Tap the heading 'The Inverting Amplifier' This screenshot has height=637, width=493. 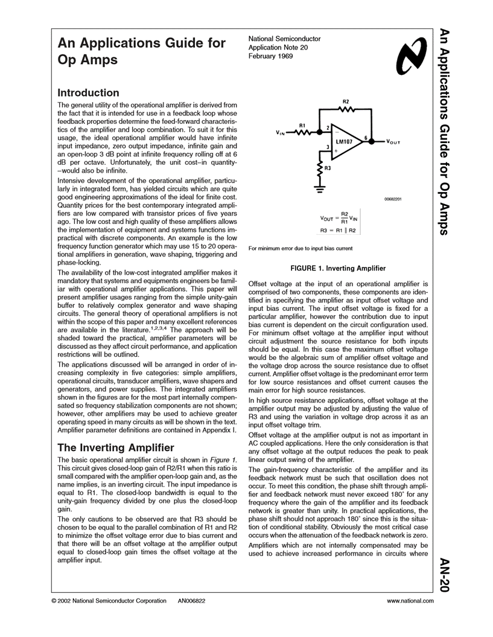[x=115, y=447]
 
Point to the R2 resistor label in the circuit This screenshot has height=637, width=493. [x=345, y=101]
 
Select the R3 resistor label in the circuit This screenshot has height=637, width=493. [x=327, y=168]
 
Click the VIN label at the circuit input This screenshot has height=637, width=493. [x=281, y=132]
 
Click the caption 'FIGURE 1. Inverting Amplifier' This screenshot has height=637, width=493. [x=338, y=267]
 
